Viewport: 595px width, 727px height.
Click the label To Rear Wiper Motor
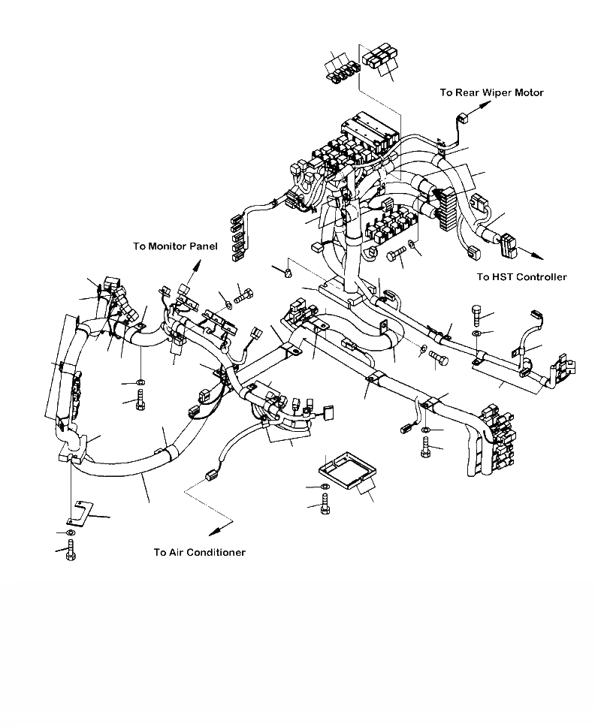click(x=491, y=92)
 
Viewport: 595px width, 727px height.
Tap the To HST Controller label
click(x=521, y=277)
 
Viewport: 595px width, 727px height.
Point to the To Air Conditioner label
click(x=199, y=552)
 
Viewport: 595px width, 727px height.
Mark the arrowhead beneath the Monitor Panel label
click(x=199, y=264)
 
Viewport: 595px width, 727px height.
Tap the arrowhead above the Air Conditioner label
click(x=214, y=530)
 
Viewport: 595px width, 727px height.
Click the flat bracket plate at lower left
click(x=77, y=512)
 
